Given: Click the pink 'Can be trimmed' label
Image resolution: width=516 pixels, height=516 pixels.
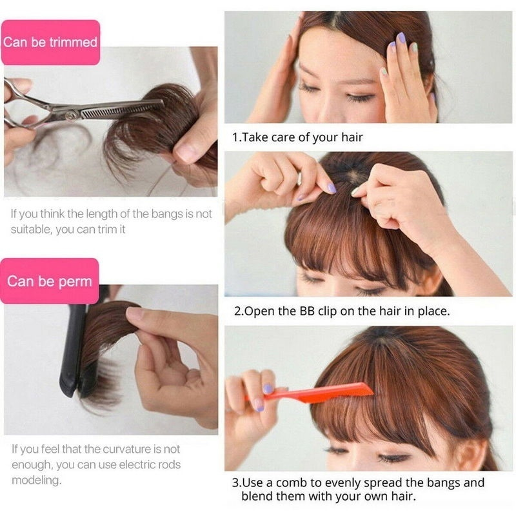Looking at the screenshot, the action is click(x=50, y=43).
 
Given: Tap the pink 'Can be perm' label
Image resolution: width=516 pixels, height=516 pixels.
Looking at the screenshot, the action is click(x=50, y=281).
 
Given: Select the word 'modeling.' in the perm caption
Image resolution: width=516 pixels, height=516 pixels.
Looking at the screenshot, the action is click(x=36, y=481).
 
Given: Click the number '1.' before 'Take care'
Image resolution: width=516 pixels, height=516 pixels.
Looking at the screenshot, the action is click(x=237, y=137).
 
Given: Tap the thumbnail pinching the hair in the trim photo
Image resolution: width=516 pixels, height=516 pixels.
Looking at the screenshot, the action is click(x=186, y=152).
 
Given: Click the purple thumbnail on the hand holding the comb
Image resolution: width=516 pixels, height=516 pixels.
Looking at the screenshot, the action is click(x=268, y=389).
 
